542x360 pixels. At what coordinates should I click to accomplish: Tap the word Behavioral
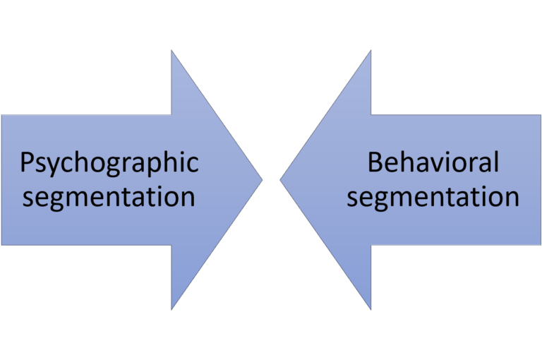[433, 163]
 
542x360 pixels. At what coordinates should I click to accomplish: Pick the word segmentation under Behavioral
[433, 196]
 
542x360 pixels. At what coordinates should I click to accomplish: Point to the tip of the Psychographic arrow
[262, 180]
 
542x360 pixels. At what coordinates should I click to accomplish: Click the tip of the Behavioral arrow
[281, 180]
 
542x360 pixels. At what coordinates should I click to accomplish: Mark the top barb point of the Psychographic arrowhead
[172, 52]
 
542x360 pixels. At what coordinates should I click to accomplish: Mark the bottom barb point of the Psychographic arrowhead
[172, 308]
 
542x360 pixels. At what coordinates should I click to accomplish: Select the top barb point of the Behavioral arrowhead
[371, 52]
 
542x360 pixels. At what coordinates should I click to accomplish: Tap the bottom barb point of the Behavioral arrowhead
[371, 308]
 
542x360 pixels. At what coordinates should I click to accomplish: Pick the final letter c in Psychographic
[192, 166]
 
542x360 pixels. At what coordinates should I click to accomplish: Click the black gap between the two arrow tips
[271, 180]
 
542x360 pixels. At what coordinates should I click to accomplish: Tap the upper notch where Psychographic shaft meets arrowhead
[172, 114]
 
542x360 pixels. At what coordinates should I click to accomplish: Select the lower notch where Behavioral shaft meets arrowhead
[371, 245]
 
